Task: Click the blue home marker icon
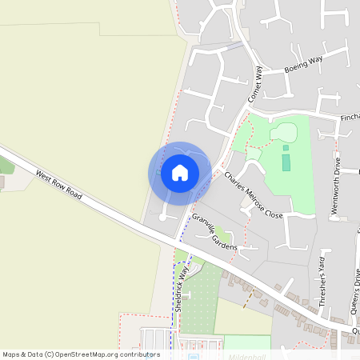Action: tap(180, 173)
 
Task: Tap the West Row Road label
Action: tap(58, 183)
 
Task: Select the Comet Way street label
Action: tap(256, 84)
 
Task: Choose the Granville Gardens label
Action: tap(214, 233)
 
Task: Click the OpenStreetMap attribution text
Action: tap(80, 354)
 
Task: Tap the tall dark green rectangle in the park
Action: tap(286, 162)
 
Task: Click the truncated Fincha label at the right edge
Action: tap(349, 118)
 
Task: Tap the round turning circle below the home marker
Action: tap(163, 217)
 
